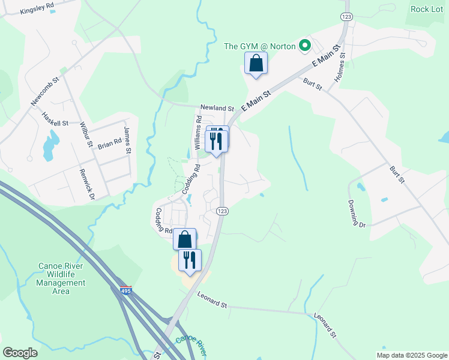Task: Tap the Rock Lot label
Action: (x=427, y=9)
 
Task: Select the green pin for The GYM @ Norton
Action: (x=305, y=45)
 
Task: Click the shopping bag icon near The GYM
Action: (x=256, y=63)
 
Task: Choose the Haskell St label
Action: (x=56, y=119)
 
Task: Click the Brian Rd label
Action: (x=109, y=144)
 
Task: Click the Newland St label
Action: (x=217, y=107)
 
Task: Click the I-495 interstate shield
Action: (x=125, y=290)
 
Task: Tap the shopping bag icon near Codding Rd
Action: (x=185, y=239)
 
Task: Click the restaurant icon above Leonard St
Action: (x=190, y=260)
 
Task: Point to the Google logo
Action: (x=20, y=353)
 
